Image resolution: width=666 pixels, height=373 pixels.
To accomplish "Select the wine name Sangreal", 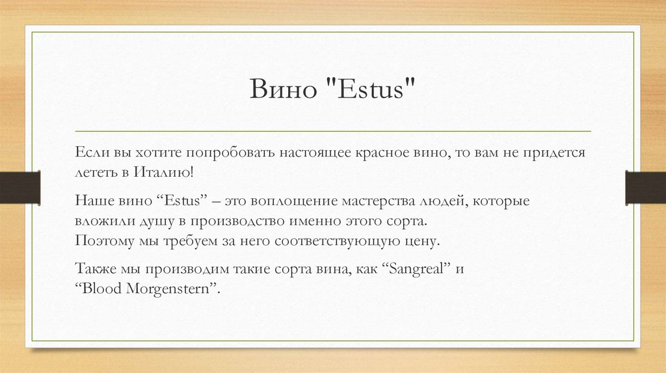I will (x=414, y=268).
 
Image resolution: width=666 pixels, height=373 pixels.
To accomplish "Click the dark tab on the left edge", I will (x=20, y=186).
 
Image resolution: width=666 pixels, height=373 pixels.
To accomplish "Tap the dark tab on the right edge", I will (x=645, y=186).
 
